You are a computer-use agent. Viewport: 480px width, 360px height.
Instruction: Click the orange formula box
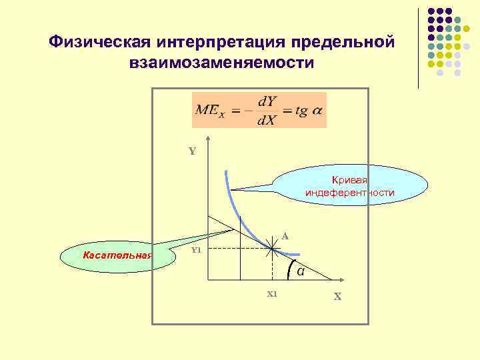[x=259, y=110]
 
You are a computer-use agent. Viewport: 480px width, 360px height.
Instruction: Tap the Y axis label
[x=192, y=151]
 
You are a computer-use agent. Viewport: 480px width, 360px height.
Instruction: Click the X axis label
[x=337, y=297]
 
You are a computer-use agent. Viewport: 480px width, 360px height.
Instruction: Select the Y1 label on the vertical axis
[x=196, y=250]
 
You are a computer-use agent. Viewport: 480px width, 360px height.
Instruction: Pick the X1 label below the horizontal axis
[x=271, y=294]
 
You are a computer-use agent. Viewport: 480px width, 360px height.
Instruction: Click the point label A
[x=285, y=235]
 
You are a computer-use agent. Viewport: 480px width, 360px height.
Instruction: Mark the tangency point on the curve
[x=273, y=249]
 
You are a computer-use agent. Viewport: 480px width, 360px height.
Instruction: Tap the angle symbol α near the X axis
[x=301, y=271]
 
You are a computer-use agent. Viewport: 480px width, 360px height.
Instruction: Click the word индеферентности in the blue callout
[x=350, y=193]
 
